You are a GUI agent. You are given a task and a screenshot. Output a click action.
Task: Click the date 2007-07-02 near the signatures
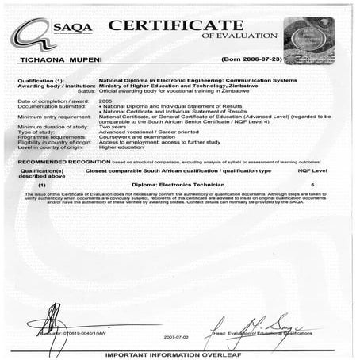pos(177,335)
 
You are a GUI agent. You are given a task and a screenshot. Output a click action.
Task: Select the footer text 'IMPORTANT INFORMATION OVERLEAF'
pos(181,354)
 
